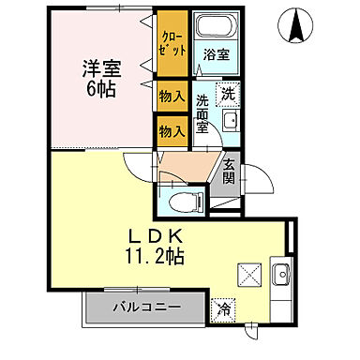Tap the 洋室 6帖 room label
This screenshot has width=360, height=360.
coord(99,78)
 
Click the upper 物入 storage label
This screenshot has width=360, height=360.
coord(170,95)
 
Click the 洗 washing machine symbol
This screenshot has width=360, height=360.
coord(228,93)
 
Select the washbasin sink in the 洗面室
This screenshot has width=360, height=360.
coord(231,122)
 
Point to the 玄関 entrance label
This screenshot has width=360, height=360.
coord(228,173)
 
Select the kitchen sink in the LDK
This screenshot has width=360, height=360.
coord(279,276)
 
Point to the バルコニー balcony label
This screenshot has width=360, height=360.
coord(143,307)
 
